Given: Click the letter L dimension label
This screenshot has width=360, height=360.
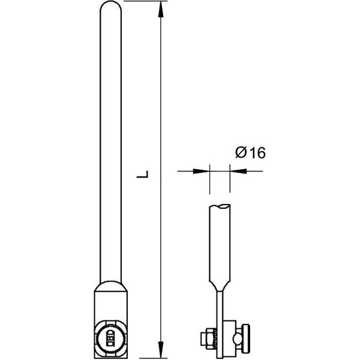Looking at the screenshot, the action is [142, 174].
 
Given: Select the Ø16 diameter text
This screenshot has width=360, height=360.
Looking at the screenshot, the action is [250, 152].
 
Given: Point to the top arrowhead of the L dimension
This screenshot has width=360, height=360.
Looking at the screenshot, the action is [161, 10].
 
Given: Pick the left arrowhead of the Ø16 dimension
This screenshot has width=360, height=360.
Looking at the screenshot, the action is [201, 171].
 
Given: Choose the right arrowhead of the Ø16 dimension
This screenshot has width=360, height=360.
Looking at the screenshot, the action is [238, 171].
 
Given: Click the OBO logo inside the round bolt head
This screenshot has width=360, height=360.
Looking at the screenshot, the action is [110, 338].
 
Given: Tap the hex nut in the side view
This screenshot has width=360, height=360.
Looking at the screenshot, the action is [209, 338].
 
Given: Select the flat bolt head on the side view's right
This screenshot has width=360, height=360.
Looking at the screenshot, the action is [247, 338].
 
